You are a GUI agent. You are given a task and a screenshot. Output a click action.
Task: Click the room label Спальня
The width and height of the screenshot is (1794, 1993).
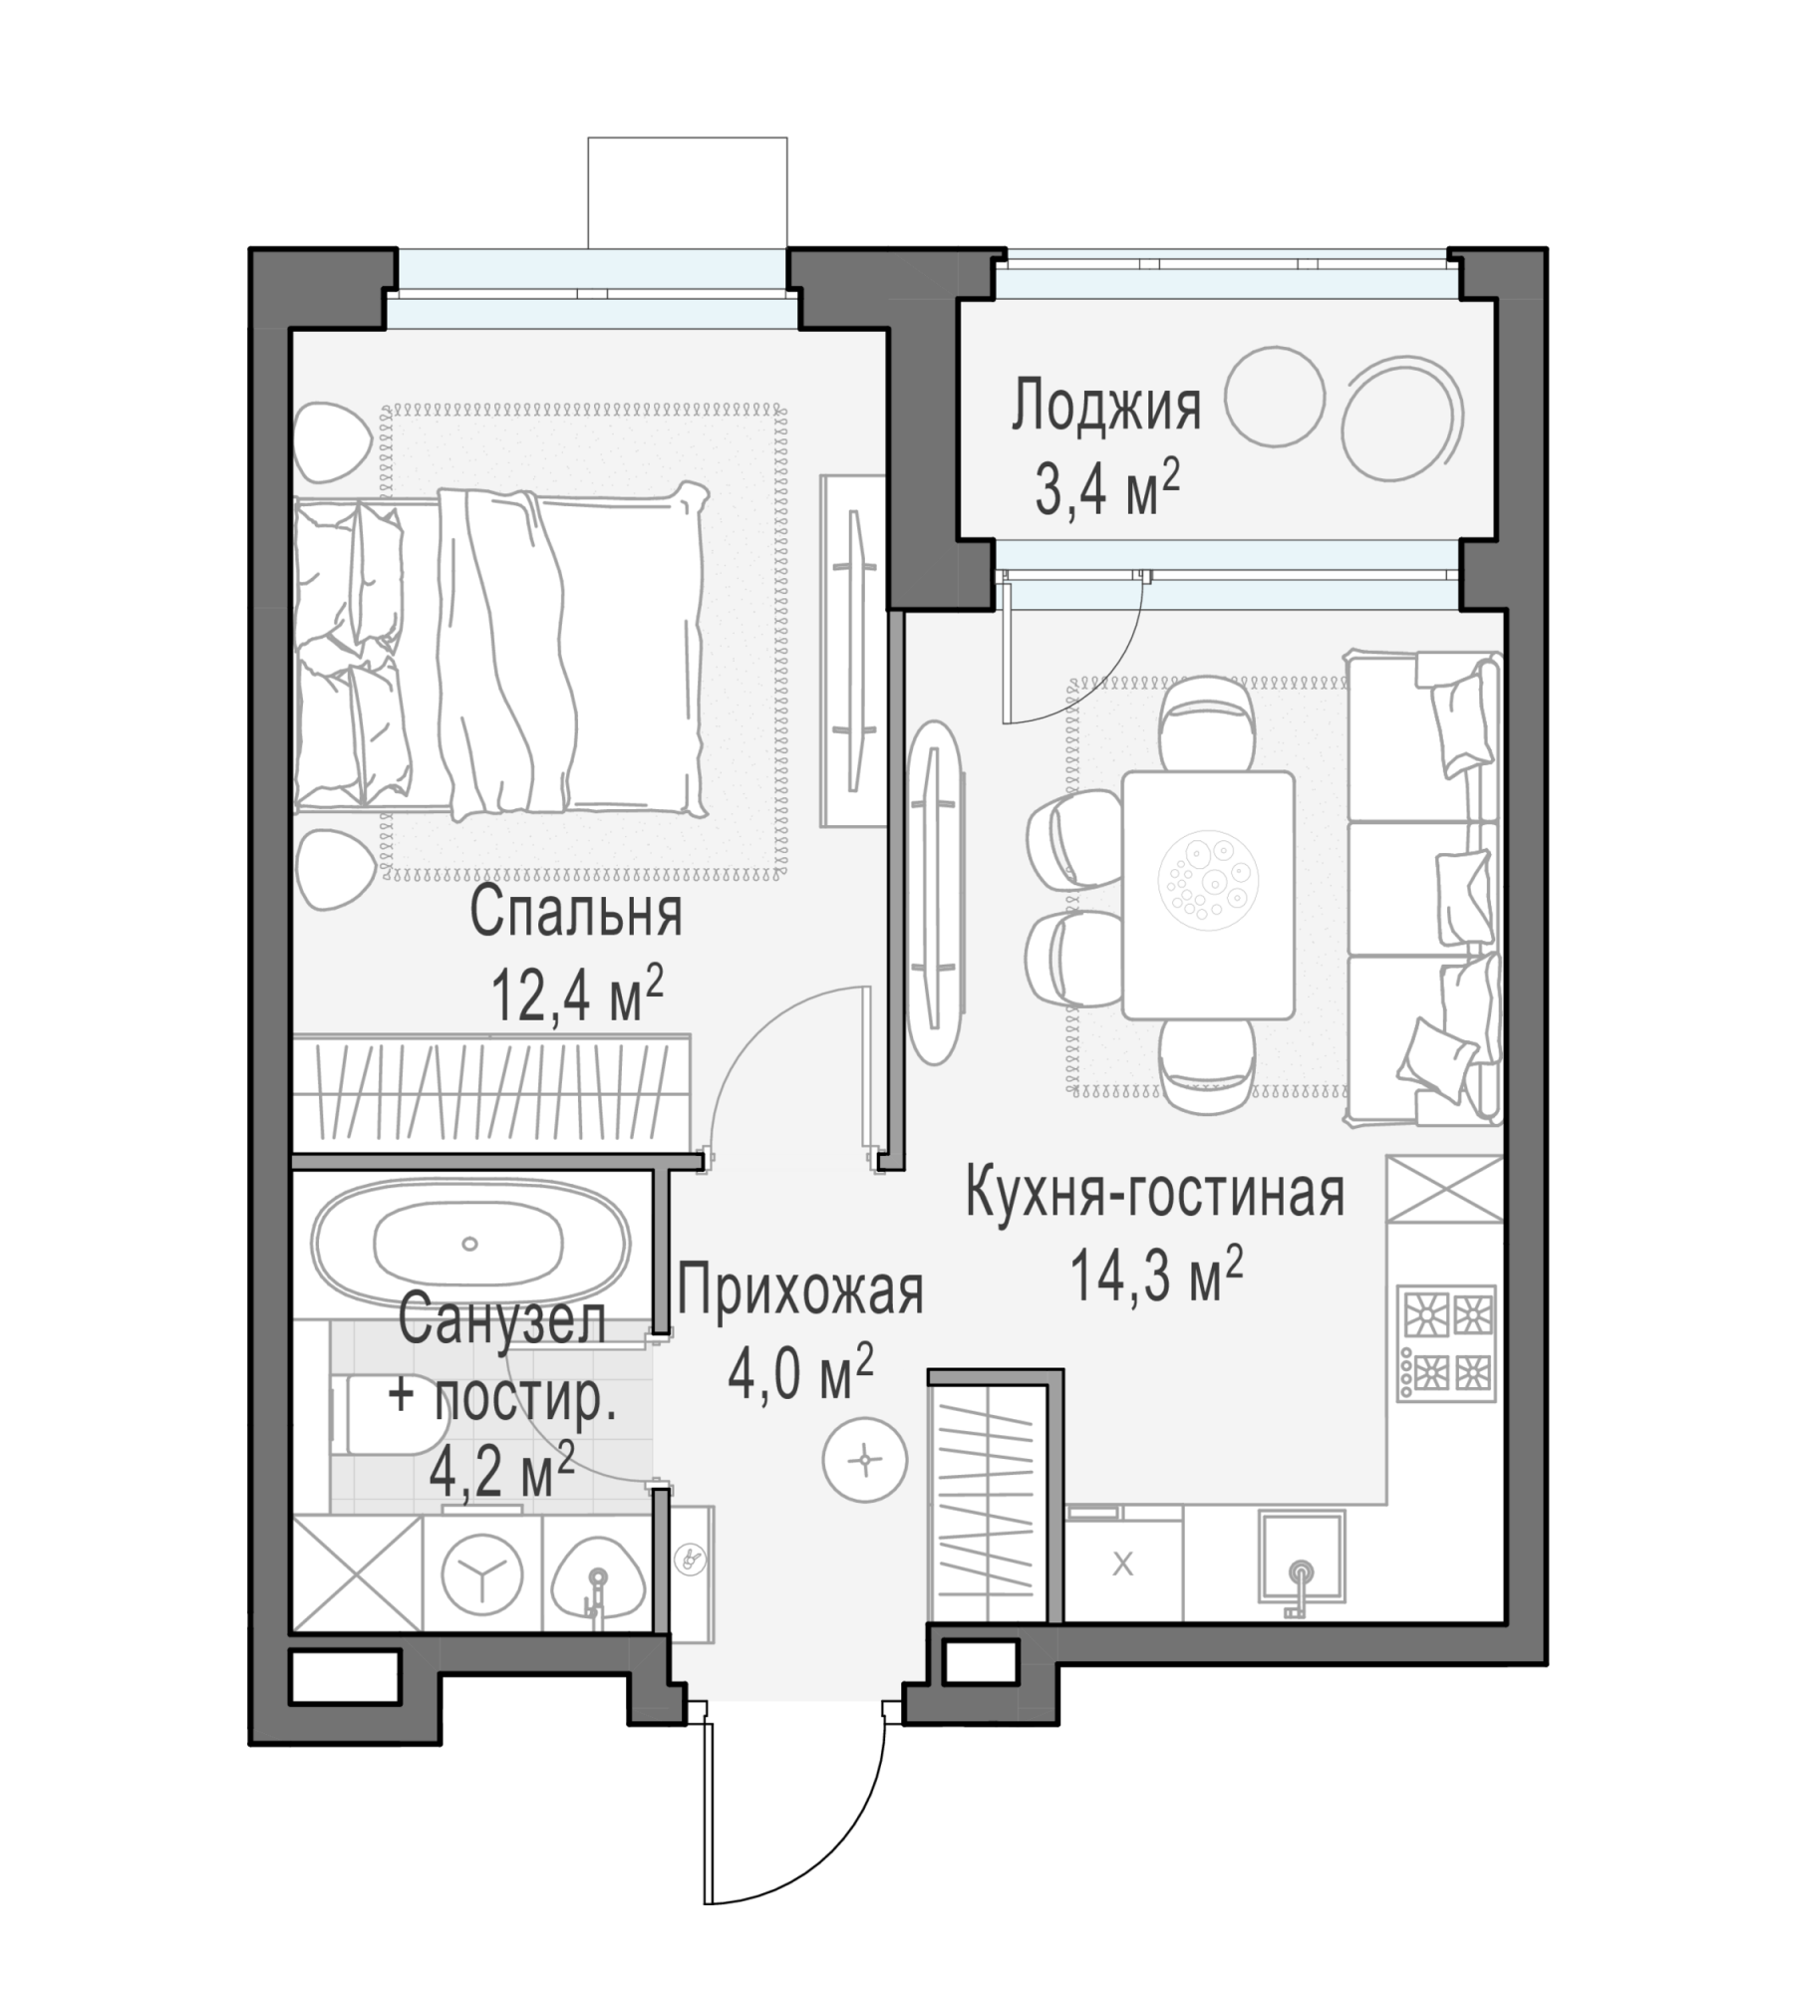click(x=576, y=913)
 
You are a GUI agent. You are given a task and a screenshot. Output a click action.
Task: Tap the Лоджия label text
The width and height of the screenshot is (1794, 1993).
click(x=1106, y=407)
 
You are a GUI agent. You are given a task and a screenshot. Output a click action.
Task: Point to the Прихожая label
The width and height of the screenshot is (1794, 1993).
click(x=800, y=1291)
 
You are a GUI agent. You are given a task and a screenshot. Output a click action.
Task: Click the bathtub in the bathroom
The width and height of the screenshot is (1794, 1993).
click(x=470, y=1243)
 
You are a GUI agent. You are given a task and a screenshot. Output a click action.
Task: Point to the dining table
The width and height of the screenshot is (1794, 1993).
click(x=1208, y=895)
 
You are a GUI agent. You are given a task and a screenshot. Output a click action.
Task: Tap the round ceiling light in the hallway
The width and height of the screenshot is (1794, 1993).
click(x=864, y=1460)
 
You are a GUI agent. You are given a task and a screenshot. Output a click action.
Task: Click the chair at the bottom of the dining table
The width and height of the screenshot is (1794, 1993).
click(x=1207, y=1067)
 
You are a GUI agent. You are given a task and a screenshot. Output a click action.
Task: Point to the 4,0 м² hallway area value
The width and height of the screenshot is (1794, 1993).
click(x=800, y=1373)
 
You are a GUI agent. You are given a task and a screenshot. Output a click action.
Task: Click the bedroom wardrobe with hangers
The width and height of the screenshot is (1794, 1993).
click(x=491, y=1094)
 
